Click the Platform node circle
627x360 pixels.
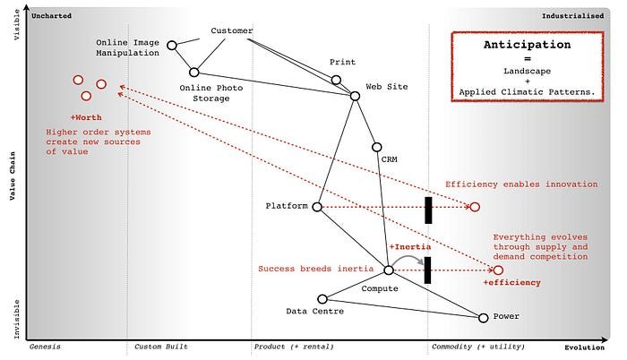317,206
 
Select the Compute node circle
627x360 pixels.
389,270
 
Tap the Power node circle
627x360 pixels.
484,317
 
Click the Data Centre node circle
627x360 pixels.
323,299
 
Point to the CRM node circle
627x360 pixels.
376,147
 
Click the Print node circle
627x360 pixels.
337,80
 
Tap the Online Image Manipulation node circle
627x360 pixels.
172,45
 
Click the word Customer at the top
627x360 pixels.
231,31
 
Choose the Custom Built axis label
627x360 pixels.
161,346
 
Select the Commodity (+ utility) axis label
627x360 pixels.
478,346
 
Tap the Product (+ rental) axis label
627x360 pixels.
294,346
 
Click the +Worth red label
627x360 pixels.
86,117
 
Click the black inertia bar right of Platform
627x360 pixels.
429,209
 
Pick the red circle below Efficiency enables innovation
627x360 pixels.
475,207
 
